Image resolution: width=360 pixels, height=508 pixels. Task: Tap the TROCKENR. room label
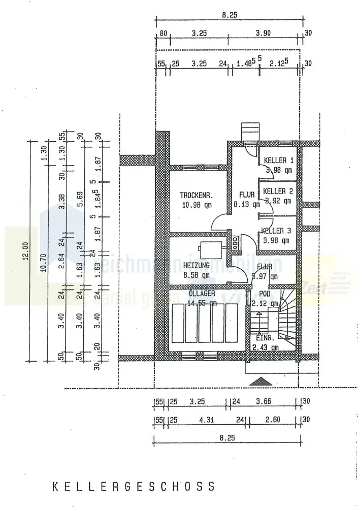point(195,195)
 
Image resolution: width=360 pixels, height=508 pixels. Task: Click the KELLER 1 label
point(278,161)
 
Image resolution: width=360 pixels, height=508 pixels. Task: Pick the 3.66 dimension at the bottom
point(264,401)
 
